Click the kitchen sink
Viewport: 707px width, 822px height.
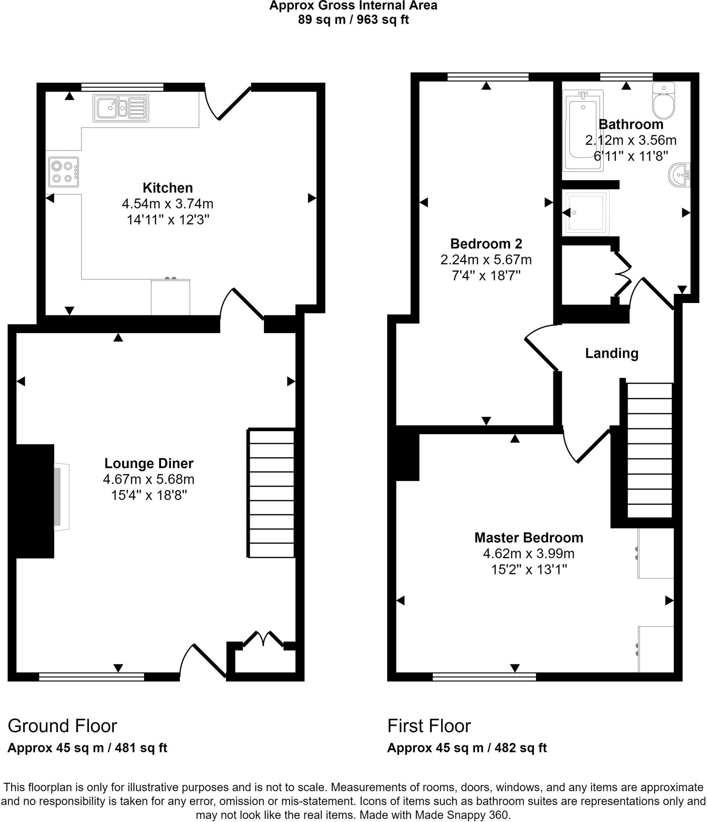click(x=120, y=108)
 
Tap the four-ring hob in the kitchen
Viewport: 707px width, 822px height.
click(x=63, y=172)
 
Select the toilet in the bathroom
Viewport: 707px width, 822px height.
click(x=664, y=102)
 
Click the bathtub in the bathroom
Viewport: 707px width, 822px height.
click(x=583, y=130)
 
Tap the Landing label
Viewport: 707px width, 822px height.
click(x=612, y=353)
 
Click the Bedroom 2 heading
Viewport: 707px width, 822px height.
click(x=486, y=244)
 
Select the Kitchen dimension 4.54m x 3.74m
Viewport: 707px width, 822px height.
click(x=167, y=204)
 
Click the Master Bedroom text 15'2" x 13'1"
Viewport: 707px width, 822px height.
click(x=529, y=570)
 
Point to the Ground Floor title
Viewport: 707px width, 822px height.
click(x=62, y=726)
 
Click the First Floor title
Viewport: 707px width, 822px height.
click(x=429, y=726)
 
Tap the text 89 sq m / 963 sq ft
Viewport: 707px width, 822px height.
click(x=353, y=19)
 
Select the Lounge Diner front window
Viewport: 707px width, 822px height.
click(x=91, y=677)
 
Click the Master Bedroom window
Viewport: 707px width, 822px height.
click(x=484, y=677)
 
